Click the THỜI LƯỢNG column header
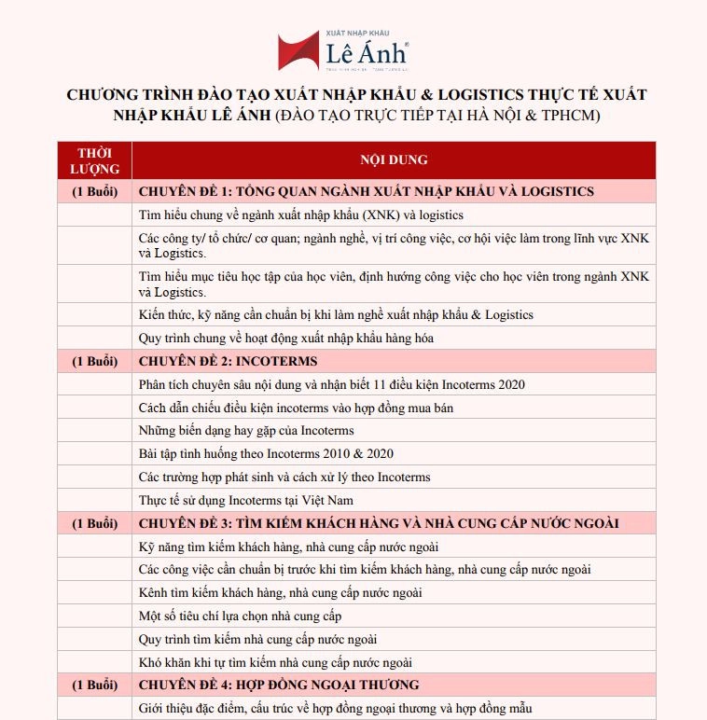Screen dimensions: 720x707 click(x=94, y=160)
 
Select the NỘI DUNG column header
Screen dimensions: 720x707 click(x=394, y=159)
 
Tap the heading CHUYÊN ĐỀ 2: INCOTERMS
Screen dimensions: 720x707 click(x=228, y=361)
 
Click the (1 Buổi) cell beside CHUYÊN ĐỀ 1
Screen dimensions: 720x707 click(x=94, y=191)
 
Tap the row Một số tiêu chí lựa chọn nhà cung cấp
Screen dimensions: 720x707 click(x=240, y=616)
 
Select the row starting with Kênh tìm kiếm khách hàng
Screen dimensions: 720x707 click(x=280, y=593)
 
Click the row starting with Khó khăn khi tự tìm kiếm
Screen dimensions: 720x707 click(x=275, y=662)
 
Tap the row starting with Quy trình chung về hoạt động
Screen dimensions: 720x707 click(x=285, y=338)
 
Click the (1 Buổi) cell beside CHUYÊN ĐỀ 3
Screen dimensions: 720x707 click(x=94, y=523)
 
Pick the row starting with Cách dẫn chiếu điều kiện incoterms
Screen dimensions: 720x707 click(x=296, y=408)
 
